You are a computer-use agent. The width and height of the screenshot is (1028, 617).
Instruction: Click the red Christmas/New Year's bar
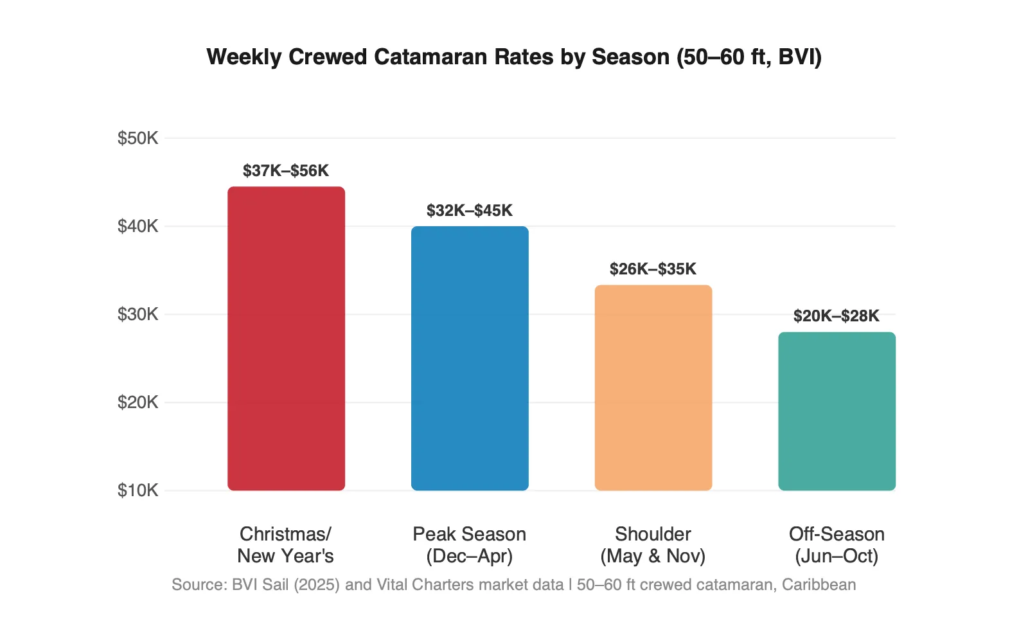286,339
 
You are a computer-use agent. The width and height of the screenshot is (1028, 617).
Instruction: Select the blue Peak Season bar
470,359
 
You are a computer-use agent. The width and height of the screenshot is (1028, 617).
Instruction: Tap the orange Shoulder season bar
653,388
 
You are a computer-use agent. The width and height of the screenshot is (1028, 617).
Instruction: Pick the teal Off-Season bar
837,411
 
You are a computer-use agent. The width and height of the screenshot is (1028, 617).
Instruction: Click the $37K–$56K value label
286,171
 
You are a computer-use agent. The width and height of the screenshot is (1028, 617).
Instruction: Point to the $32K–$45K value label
470,211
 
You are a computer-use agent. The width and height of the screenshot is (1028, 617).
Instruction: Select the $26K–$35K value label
653,269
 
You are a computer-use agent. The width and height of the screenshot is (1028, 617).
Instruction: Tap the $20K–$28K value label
837,316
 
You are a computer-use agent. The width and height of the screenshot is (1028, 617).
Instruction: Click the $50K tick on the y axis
137,138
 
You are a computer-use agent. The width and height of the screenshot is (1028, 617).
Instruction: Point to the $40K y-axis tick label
137,226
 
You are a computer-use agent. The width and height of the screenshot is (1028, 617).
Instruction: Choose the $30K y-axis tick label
137,314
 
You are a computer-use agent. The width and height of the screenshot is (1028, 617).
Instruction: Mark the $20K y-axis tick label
137,402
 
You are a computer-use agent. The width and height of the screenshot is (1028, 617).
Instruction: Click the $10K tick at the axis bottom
137,490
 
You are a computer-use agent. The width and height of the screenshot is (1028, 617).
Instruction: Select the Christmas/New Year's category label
286,545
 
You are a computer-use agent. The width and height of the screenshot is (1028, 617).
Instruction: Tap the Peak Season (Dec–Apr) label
470,545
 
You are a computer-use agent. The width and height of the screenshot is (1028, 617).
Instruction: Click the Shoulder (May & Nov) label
653,545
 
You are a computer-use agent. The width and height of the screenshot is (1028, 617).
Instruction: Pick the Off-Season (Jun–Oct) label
837,545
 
